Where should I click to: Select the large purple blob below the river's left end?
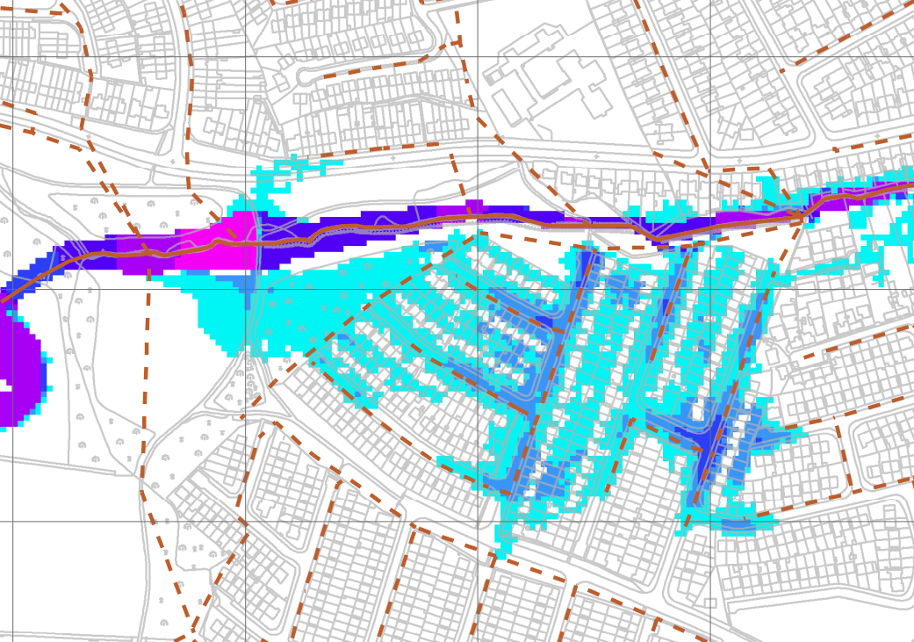18,369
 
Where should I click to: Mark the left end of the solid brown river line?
3,301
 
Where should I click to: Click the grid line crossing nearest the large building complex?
478,58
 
